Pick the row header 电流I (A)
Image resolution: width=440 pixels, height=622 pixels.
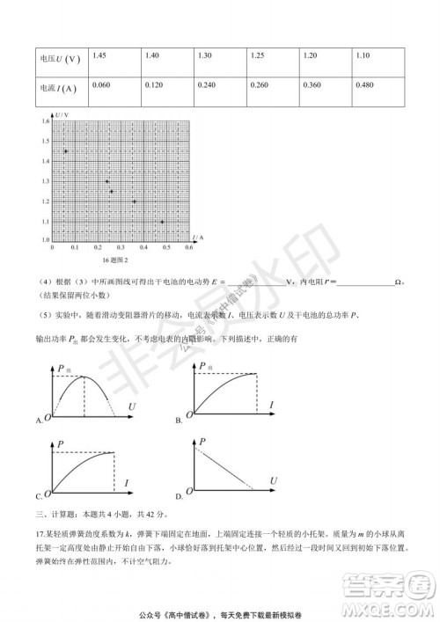(58, 88)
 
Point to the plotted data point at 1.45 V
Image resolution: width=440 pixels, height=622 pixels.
(66, 151)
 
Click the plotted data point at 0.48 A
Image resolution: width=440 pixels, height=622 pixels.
(163, 221)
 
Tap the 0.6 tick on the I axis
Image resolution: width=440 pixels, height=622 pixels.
(189, 247)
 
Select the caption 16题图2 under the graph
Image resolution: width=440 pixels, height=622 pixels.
(115, 260)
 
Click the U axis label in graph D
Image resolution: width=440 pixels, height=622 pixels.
(275, 479)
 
